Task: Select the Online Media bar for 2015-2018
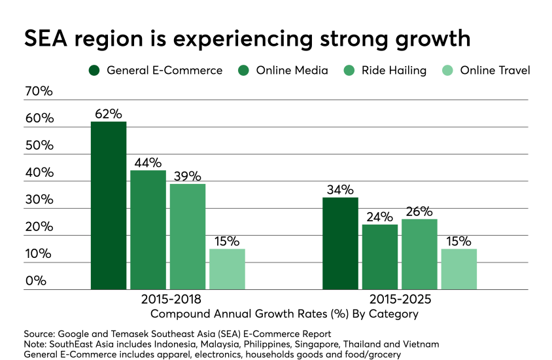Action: click(148, 230)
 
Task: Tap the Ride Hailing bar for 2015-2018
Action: click(188, 236)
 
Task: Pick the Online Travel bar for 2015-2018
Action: click(227, 269)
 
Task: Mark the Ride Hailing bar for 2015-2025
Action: click(419, 254)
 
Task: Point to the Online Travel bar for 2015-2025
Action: click(458, 269)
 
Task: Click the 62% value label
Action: click(109, 113)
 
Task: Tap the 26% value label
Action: click(419, 211)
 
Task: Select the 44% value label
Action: click(148, 162)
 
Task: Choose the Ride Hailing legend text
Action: click(393, 70)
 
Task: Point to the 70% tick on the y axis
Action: click(39, 91)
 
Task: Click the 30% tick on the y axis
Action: click(39, 200)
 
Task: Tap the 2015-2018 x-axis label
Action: click(168, 298)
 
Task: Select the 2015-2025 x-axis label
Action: click(400, 298)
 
